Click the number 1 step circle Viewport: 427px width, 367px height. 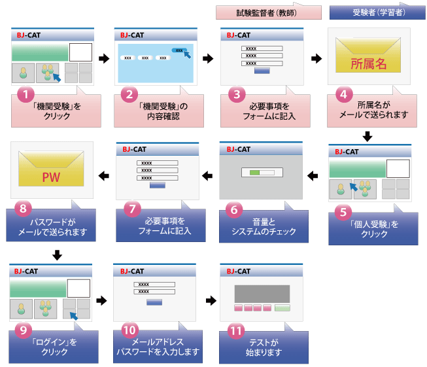coord(24,94)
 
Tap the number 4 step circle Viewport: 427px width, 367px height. coord(343,94)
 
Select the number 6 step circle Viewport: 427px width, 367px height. coord(235,209)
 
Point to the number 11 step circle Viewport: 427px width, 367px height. coord(235,331)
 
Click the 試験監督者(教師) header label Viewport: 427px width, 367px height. coord(268,12)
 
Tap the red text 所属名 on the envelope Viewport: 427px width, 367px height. coord(369,64)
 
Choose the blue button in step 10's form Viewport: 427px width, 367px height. coord(154,302)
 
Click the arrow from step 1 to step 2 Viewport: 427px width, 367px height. coord(103,59)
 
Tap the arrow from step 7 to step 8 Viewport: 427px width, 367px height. coord(103,174)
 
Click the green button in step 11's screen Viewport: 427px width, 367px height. coord(282,307)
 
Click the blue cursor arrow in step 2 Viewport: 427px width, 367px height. coord(188,54)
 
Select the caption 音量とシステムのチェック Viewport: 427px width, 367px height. coord(263,226)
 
